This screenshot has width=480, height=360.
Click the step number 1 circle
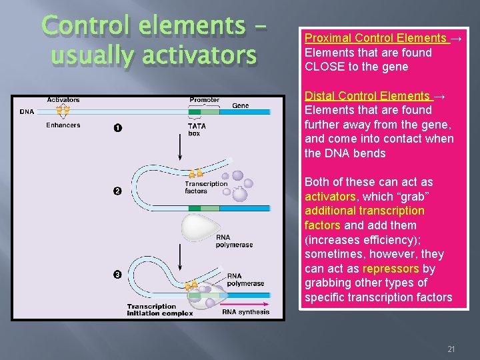click(x=117, y=127)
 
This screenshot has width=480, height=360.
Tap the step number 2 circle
click(x=117, y=192)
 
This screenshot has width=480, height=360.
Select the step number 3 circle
click(x=117, y=275)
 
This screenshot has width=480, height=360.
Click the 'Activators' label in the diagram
click(x=63, y=100)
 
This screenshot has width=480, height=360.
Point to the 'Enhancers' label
click(x=63, y=125)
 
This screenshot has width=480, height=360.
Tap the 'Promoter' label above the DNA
click(x=204, y=100)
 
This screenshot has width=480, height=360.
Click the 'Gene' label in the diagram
click(x=241, y=105)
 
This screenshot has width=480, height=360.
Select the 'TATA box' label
click(x=197, y=129)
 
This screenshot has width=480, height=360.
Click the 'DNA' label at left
click(x=27, y=111)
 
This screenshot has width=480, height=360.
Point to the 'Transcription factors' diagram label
click(x=205, y=187)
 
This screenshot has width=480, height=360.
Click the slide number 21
click(x=451, y=349)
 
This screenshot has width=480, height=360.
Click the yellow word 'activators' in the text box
click(x=330, y=197)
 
